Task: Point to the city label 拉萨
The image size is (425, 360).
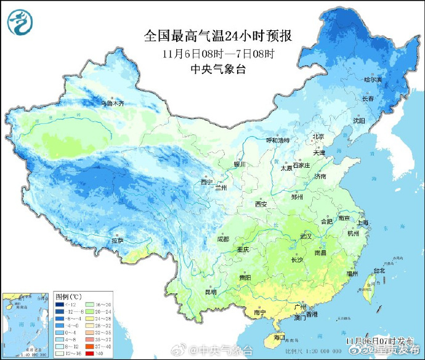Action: pyautogui.click(x=117, y=240)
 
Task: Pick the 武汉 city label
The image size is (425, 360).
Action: pyautogui.click(x=306, y=236)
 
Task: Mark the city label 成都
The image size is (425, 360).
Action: pyautogui.click(x=222, y=239)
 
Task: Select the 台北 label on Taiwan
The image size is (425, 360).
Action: pyautogui.click(x=379, y=270)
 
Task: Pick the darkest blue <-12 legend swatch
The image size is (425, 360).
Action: pyautogui.click(x=62, y=305)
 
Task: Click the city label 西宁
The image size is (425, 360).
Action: pyautogui.click(x=206, y=182)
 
